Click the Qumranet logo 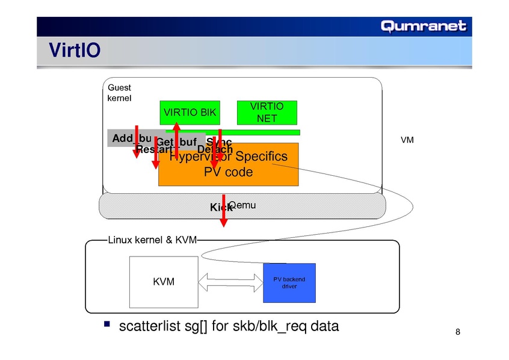[423, 26]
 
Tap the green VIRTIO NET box [267, 112]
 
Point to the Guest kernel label [119, 92]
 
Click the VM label [407, 140]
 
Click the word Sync [219, 141]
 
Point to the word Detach [215, 149]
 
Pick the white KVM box [164, 281]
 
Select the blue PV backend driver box [289, 282]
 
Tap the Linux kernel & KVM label [152, 240]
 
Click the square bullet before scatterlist [106, 325]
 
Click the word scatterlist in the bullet [150, 326]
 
